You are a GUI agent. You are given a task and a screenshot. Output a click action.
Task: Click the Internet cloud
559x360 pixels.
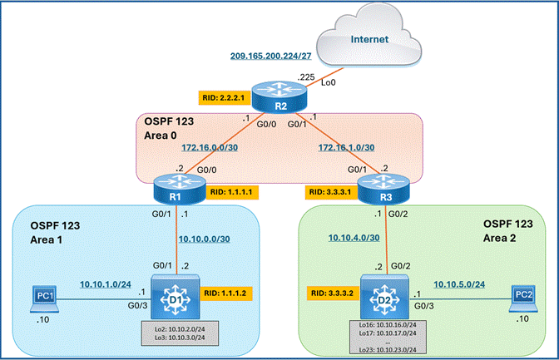(x=369, y=37)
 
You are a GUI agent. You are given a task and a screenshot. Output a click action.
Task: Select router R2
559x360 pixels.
(x=279, y=96)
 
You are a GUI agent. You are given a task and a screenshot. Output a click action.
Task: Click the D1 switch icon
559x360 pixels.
(x=175, y=297)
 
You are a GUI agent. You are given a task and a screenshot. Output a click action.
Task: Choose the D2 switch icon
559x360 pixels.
(x=384, y=297)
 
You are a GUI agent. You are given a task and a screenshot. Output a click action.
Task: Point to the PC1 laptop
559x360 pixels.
(x=45, y=298)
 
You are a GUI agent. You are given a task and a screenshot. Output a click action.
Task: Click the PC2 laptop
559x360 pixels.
(x=523, y=298)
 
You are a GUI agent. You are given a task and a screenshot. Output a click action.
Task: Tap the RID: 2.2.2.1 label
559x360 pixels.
(x=225, y=97)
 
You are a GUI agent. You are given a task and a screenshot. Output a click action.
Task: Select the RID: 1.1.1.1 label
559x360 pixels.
(x=232, y=192)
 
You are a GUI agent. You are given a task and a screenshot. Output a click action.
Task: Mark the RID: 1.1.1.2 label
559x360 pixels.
(x=226, y=293)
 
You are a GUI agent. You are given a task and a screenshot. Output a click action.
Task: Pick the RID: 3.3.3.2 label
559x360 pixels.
(x=333, y=293)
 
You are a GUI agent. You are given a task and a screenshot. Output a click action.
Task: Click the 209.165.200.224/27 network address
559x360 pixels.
(x=270, y=56)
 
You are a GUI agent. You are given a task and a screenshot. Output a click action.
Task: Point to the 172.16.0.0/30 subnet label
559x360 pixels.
(x=210, y=147)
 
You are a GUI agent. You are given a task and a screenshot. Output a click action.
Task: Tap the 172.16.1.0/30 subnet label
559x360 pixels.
(x=346, y=147)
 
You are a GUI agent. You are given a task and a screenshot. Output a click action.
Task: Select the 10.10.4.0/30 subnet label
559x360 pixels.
(x=354, y=238)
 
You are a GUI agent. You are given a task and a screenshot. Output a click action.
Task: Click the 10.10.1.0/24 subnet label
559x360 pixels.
(x=105, y=284)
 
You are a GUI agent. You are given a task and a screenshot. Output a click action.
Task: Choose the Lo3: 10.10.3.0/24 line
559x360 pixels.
(x=180, y=338)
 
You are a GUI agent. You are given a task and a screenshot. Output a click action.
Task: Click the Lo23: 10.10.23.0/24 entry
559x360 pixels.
(x=388, y=350)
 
